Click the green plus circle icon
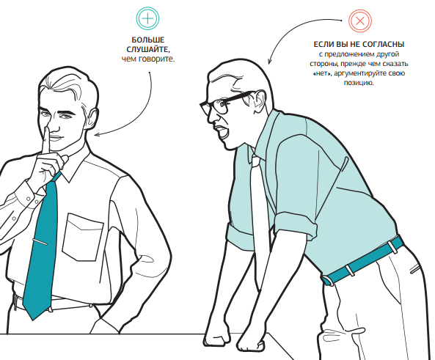tap(147, 18)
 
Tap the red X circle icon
tap(360, 21)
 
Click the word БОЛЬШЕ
tap(148, 40)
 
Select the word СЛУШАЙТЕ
tap(148, 50)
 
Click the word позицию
tap(359, 83)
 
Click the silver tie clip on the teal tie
tap(40, 241)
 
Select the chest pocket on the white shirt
tap(82, 237)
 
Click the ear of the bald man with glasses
tap(260, 101)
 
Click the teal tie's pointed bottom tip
tap(33, 320)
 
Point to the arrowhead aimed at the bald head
tap(269, 62)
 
